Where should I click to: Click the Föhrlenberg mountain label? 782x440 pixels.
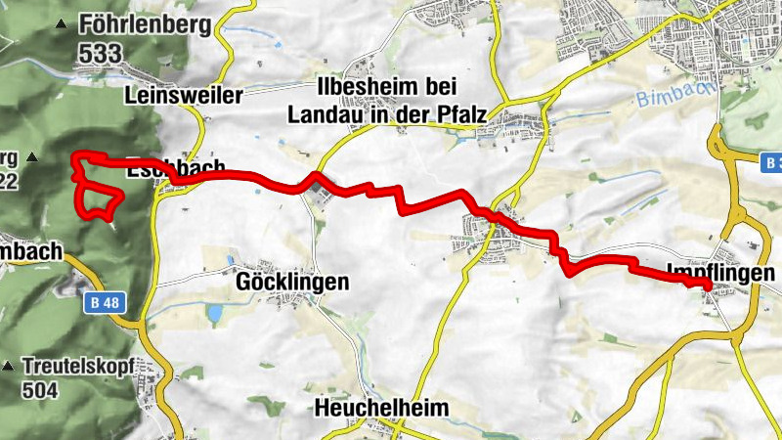[x=148, y=24]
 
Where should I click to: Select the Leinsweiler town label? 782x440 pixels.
[x=184, y=96]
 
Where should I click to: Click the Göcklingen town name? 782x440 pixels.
[x=292, y=283]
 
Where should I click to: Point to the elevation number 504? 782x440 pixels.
[x=43, y=391]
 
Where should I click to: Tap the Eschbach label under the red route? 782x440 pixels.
[x=176, y=168]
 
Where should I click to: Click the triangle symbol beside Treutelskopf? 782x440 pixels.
[x=8, y=367]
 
